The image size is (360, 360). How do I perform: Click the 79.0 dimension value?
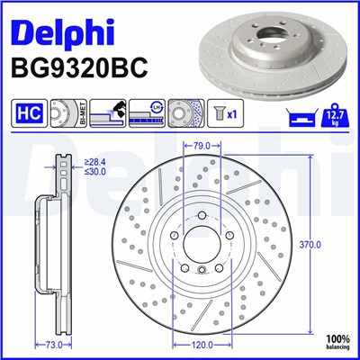click(x=202, y=144)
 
